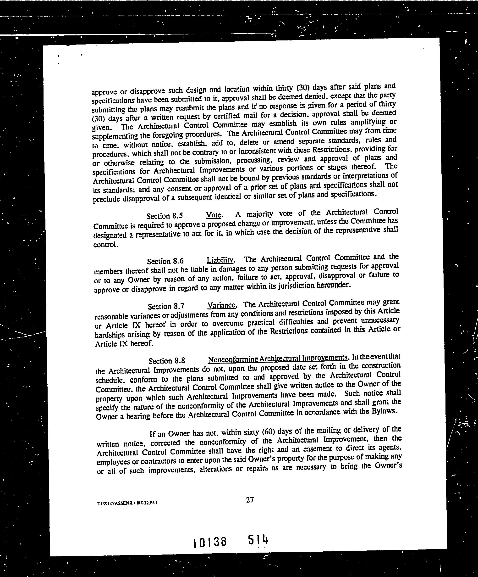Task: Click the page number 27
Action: [250, 499]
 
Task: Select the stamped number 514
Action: [258, 540]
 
